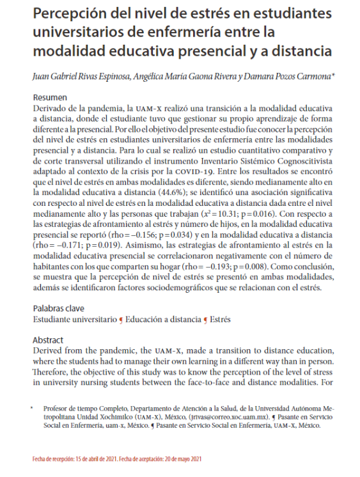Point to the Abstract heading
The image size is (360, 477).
(x=49, y=340)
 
